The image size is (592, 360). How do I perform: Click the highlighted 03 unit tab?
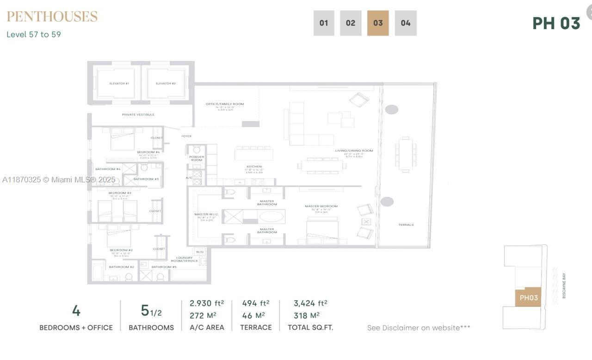(378, 23)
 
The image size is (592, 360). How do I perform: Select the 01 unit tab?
(324, 23)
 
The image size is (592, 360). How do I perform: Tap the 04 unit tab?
(406, 23)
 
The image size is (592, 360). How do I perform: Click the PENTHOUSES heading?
(52, 17)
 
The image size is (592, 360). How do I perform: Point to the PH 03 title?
(556, 23)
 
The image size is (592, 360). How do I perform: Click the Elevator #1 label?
(119, 83)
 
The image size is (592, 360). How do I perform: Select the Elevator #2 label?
(166, 83)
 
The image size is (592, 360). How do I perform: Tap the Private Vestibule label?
(138, 114)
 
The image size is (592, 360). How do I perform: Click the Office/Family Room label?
(225, 104)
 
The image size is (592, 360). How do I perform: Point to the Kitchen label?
(254, 167)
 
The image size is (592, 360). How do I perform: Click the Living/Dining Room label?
(354, 151)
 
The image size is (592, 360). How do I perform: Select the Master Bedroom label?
(321, 206)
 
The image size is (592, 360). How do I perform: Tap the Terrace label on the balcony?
(406, 225)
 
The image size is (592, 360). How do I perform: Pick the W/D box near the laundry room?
(200, 252)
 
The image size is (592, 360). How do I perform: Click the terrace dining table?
(406, 155)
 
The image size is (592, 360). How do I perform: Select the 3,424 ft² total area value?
(310, 304)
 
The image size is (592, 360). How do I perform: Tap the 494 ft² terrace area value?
(255, 304)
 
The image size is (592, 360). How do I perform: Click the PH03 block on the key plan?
(528, 298)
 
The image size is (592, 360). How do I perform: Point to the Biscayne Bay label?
(564, 286)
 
